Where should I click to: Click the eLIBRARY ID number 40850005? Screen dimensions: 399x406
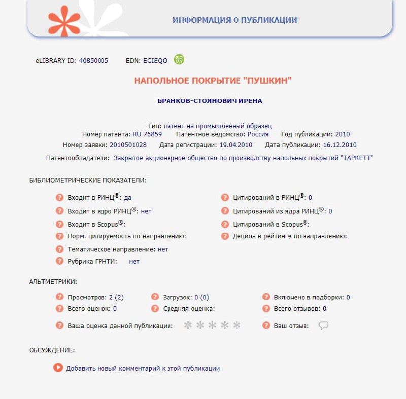pos(93,61)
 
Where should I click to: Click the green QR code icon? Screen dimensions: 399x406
pos(179,59)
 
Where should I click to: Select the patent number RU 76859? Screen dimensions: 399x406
pos(147,134)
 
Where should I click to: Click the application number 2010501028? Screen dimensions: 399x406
pos(128,144)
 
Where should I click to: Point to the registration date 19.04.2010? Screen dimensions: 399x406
pos(235,144)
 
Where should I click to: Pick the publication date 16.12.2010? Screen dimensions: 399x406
pos(340,144)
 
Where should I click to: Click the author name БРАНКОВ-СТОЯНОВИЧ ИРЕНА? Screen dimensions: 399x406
pos(210,101)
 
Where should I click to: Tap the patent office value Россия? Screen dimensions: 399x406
pos(258,134)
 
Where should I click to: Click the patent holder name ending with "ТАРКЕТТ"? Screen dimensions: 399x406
pos(243,158)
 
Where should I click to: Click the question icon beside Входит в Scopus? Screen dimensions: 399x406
pos(59,224)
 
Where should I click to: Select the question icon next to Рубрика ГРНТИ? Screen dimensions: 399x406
pos(59,261)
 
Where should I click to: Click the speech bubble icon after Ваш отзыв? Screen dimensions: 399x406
pos(324,325)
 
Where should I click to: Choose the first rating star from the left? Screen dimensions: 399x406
pos(188,325)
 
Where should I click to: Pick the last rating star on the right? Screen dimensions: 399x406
pos(236,325)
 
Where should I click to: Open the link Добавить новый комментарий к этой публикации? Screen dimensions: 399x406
pos(143,369)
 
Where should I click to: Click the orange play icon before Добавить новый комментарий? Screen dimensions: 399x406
pos(58,368)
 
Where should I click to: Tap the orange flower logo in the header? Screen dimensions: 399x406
pos(64,20)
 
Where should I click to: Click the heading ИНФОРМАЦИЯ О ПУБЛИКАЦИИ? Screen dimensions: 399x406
pos(234,20)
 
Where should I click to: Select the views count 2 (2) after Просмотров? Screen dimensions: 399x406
pos(116,298)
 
